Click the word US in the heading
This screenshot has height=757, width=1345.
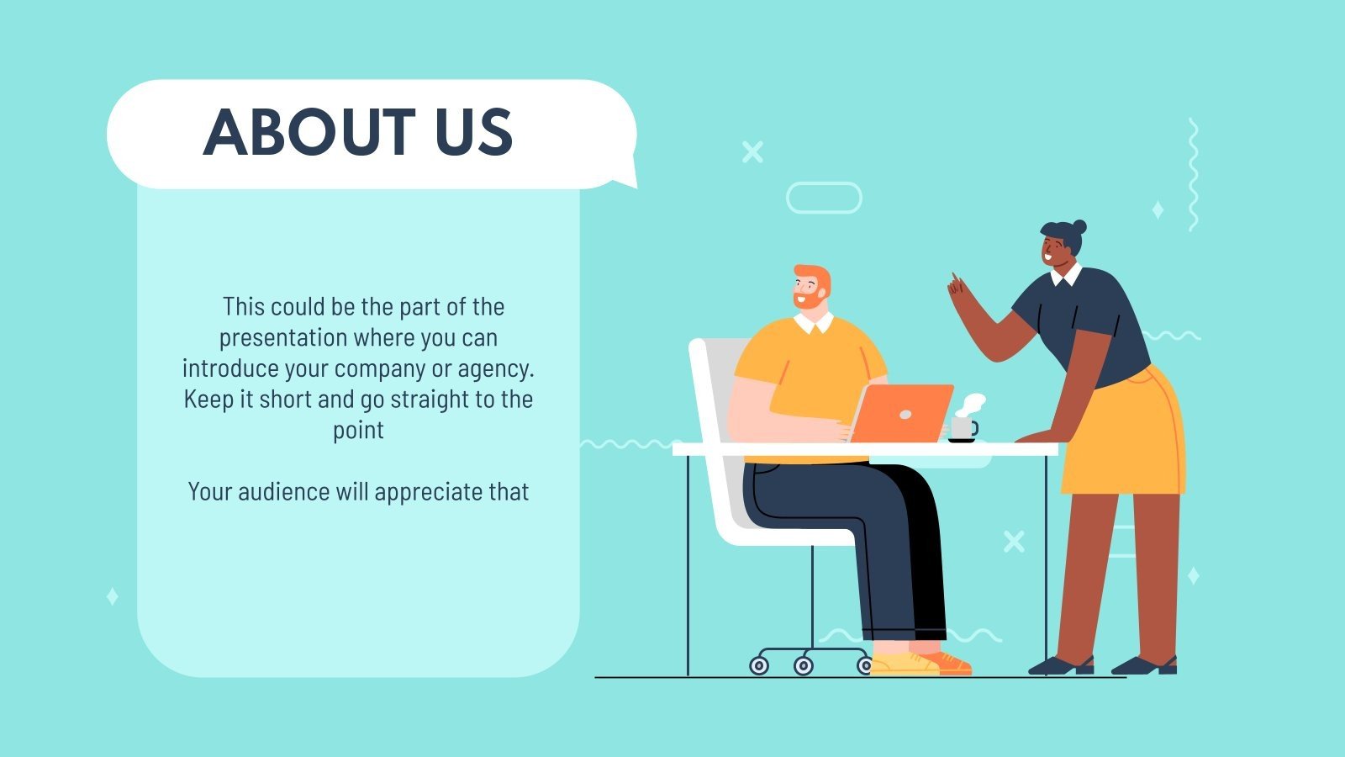tap(474, 133)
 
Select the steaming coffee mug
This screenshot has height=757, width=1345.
tap(963, 427)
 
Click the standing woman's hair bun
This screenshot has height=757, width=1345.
tap(1079, 226)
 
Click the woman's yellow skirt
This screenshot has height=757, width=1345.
tap(1126, 437)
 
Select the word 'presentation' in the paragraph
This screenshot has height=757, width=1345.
tap(283, 338)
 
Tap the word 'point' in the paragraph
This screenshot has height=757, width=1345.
tap(358, 431)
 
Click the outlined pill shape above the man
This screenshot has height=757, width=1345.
tap(824, 198)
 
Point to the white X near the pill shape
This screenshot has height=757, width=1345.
tap(752, 151)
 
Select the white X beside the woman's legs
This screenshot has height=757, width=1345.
tap(1014, 541)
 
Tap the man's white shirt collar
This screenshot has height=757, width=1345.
tap(813, 323)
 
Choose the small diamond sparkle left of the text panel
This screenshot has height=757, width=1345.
tap(113, 596)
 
